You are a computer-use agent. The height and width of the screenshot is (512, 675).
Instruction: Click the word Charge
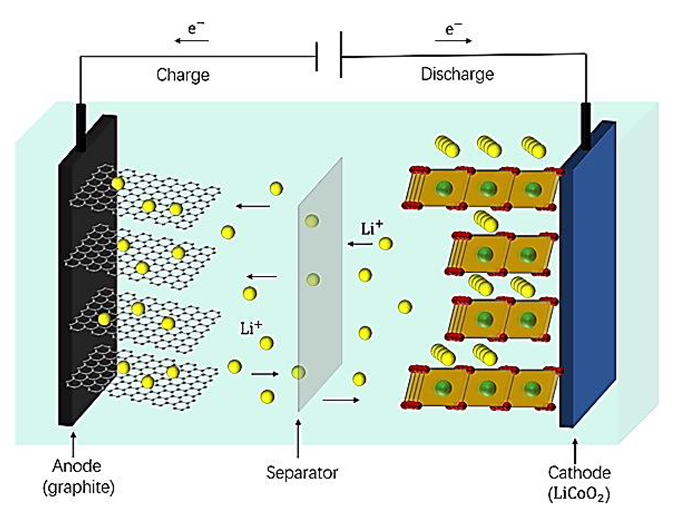click(182, 74)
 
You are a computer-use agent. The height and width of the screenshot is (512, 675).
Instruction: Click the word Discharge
click(457, 74)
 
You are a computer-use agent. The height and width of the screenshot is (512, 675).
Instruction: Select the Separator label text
click(302, 473)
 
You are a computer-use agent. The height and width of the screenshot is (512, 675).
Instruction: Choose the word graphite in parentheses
click(77, 489)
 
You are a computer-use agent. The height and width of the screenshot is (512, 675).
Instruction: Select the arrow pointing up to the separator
click(298, 440)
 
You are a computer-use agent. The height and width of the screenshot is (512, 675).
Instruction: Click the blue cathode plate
click(585, 275)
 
